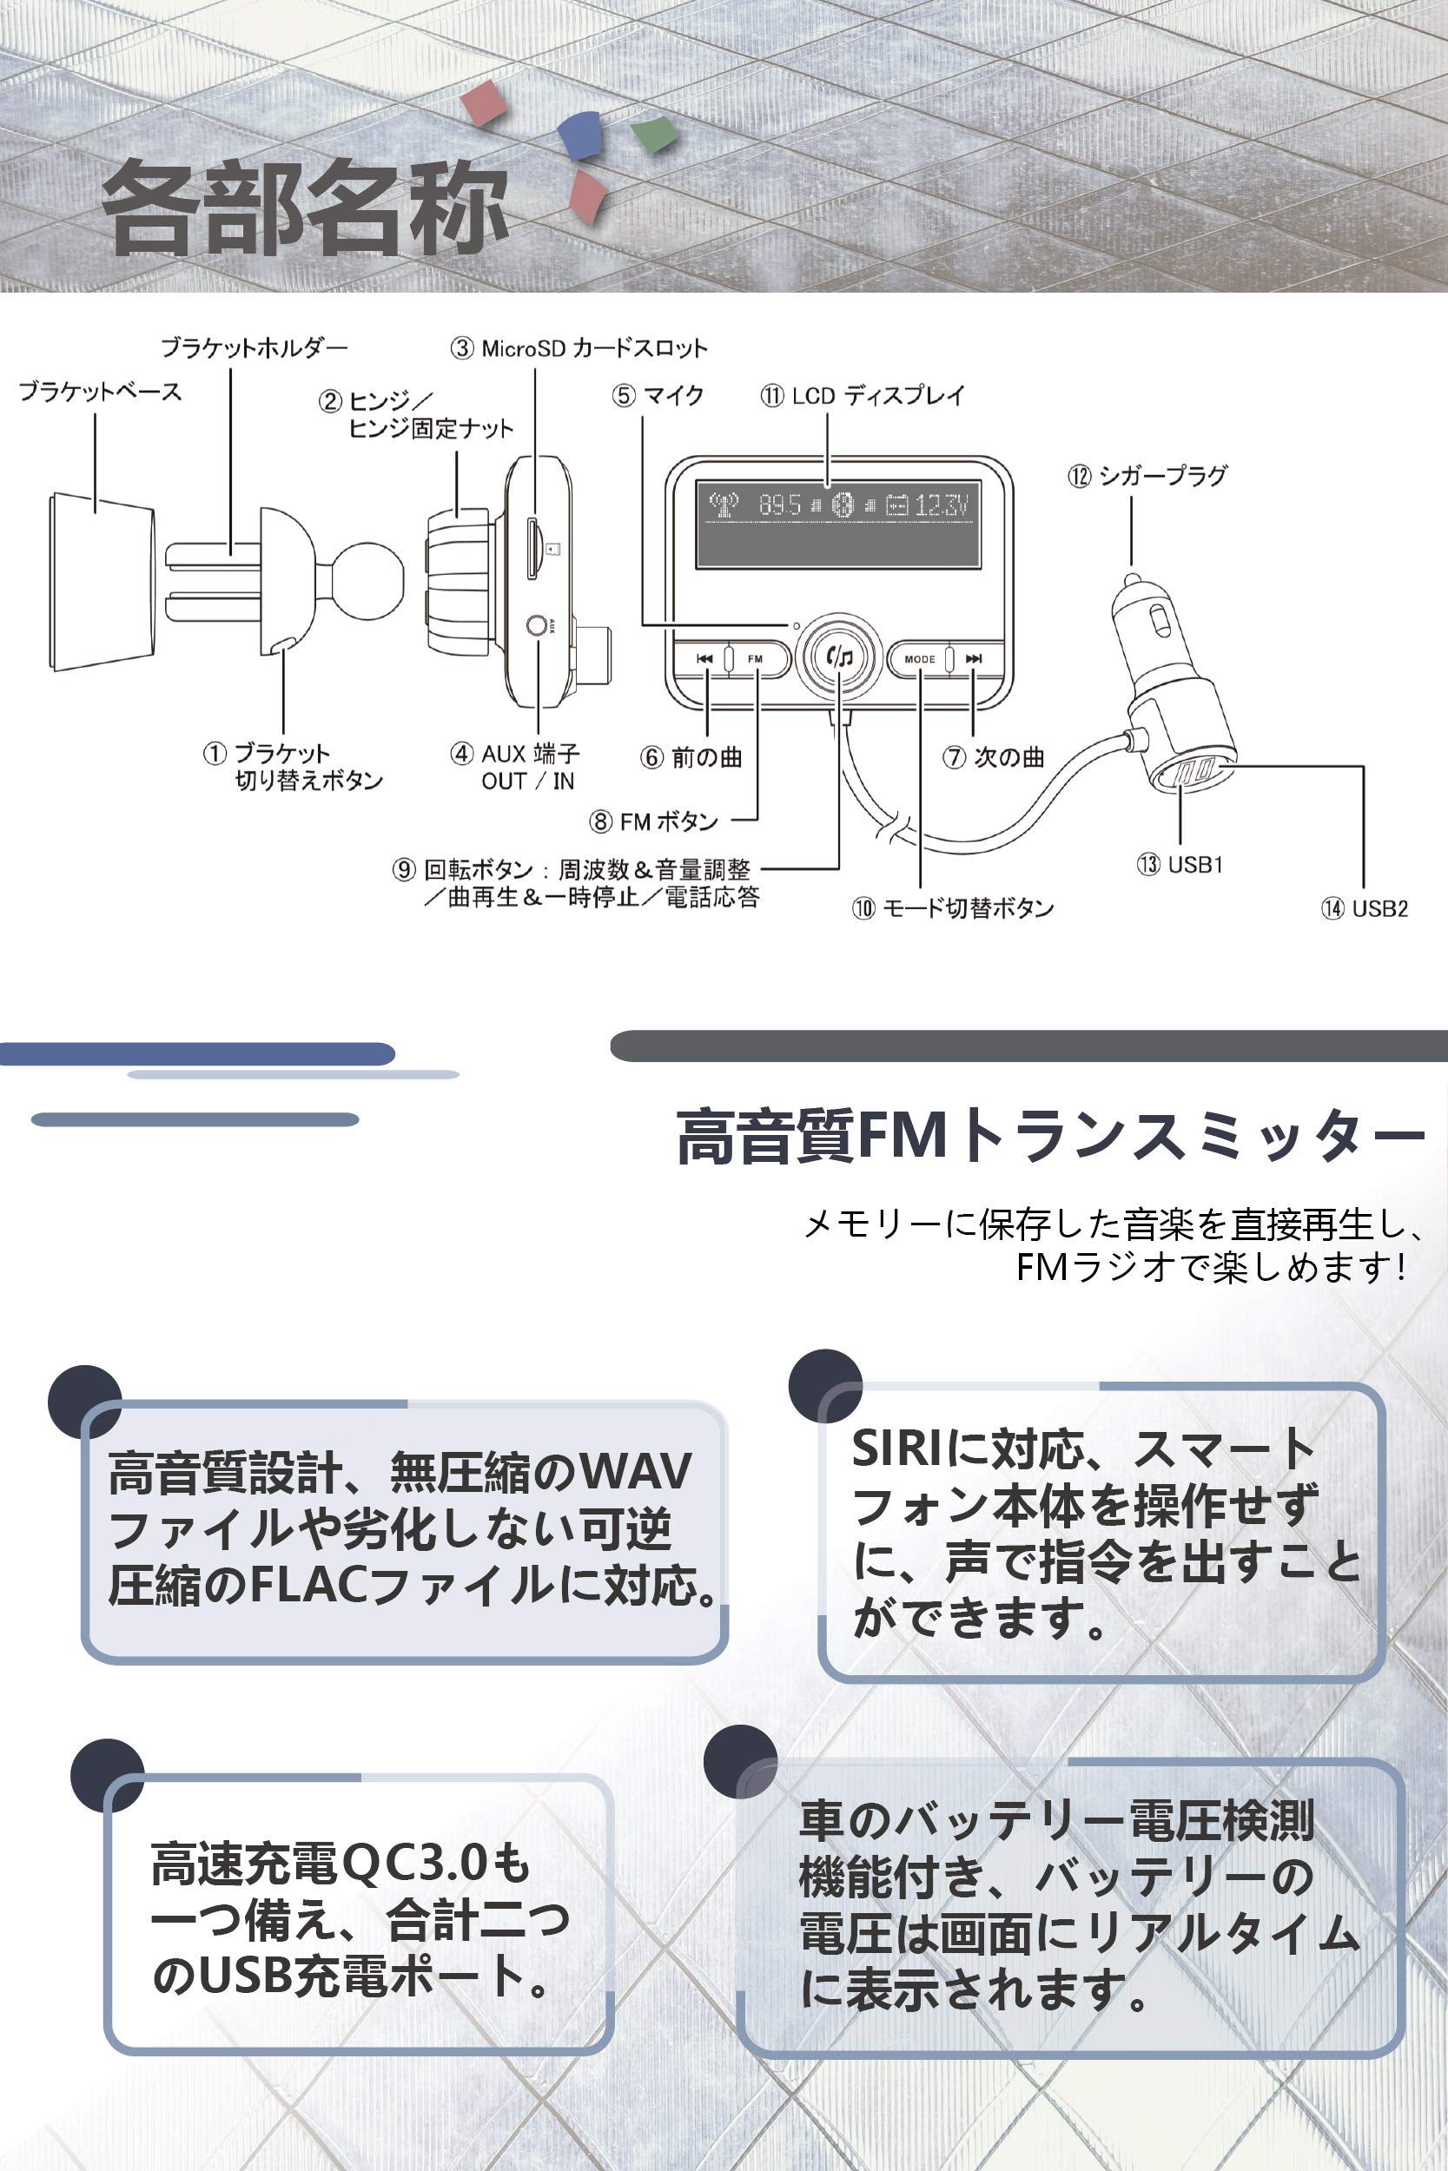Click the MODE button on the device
pyautogui.click(x=920, y=659)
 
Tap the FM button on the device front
pyautogui.click(x=756, y=659)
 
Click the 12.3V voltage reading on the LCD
pyautogui.click(x=941, y=505)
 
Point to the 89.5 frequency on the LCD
pyautogui.click(x=779, y=505)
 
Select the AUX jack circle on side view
pyautogui.click(x=536, y=626)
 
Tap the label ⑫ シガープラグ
pyautogui.click(x=1147, y=476)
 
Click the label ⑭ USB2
pyautogui.click(x=1364, y=908)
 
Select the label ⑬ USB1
pyautogui.click(x=1180, y=865)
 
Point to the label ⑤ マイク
pyautogui.click(x=658, y=396)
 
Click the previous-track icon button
pyautogui.click(x=704, y=659)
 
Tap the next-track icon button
pyautogui.click(x=974, y=659)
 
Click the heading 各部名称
pyautogui.click(x=305, y=208)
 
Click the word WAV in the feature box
pyautogui.click(x=637, y=1471)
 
